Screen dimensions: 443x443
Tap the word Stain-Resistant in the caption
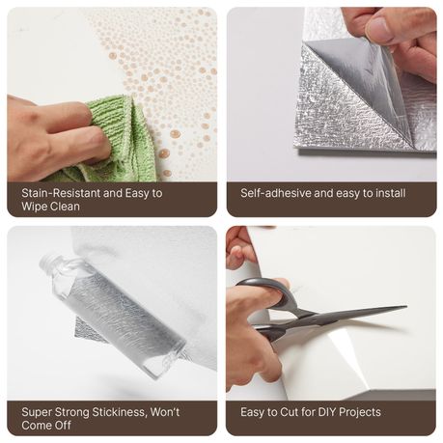(x=61, y=193)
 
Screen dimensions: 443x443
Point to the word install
(x=390, y=193)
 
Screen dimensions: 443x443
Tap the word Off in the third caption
(x=63, y=426)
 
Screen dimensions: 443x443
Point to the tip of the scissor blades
(x=406, y=307)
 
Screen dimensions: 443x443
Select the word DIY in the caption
(x=327, y=412)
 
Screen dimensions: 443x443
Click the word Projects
(x=360, y=413)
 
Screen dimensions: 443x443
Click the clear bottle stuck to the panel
(x=112, y=315)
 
